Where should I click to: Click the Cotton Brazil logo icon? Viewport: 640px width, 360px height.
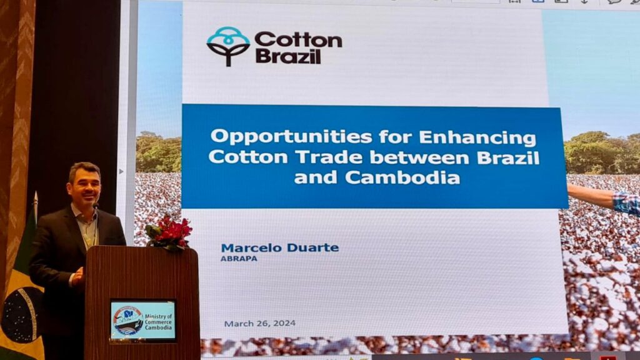coord(227,46)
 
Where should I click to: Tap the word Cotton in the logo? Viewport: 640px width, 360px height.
coord(298,40)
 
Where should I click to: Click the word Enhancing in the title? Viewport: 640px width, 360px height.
coord(477,137)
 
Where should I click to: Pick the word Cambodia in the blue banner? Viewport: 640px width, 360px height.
coord(402,177)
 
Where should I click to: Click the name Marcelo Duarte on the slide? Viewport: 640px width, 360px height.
coord(279,247)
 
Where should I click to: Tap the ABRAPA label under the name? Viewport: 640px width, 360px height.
coord(239,259)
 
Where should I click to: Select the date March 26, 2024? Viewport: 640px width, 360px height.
coord(259,323)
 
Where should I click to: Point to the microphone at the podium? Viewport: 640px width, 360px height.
coord(96,207)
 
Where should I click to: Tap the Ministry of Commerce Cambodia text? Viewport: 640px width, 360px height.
coord(158,322)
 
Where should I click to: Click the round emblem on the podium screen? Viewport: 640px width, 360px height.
coord(127,321)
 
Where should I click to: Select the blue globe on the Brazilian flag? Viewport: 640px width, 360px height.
coord(22,315)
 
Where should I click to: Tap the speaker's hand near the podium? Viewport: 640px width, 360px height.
coord(78,276)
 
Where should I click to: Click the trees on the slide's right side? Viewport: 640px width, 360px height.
coord(602,152)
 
